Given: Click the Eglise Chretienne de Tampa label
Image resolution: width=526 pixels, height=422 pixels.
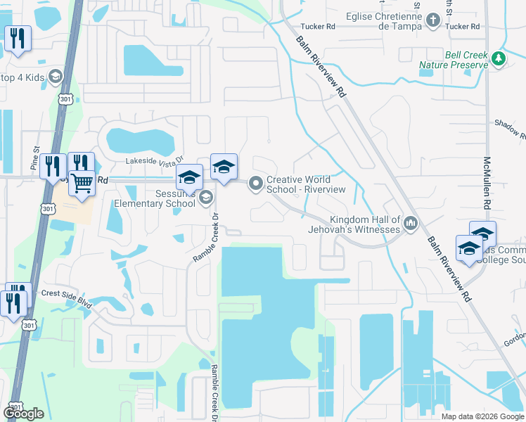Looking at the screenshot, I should point(384,21).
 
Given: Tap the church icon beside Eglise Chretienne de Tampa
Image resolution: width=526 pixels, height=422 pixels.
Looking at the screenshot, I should point(433,21).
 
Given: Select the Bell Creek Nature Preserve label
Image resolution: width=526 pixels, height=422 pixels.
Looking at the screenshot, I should point(454,59).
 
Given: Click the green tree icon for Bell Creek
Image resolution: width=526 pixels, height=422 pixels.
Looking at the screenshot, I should point(499,58).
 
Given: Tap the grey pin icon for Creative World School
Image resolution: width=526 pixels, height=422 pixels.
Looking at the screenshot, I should point(256,184).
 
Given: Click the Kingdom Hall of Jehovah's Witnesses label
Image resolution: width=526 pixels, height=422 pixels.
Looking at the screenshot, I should point(354,224).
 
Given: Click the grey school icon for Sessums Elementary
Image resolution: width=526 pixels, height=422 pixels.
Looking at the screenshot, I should point(205,197).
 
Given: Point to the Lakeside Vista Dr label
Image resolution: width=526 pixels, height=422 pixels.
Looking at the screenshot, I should point(153,161).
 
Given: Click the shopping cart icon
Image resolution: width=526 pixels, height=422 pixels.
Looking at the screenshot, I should point(83,184).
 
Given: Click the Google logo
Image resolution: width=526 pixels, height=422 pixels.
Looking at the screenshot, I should point(23,414).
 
